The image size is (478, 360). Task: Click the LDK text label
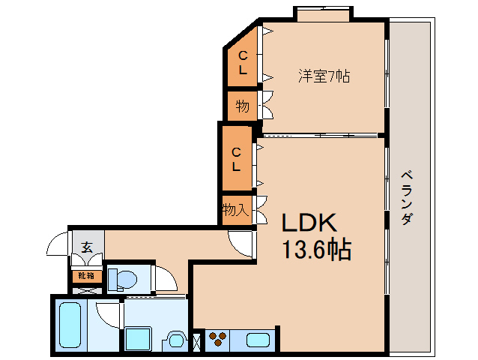309,223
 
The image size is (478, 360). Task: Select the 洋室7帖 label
324,76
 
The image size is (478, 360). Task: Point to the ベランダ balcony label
406,198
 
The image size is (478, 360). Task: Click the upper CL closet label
243,62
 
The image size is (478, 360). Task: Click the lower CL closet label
236,159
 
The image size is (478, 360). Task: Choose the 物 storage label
242,106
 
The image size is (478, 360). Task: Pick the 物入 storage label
235,210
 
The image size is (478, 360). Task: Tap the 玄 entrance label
86,246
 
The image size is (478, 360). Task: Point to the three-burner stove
218,340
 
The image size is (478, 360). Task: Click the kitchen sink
258,340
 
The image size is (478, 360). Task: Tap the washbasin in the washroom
178,340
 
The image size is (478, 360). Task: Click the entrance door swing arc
57,247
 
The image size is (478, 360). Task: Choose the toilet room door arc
167,279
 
